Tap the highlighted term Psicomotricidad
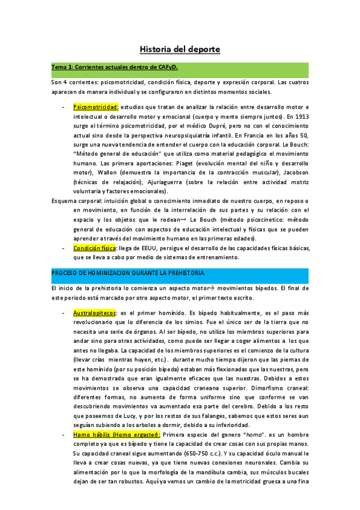(96, 106)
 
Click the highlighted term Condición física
(95, 248)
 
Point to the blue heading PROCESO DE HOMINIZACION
(128, 273)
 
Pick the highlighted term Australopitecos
(95, 313)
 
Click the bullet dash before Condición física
(64, 248)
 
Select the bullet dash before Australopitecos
(64, 313)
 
